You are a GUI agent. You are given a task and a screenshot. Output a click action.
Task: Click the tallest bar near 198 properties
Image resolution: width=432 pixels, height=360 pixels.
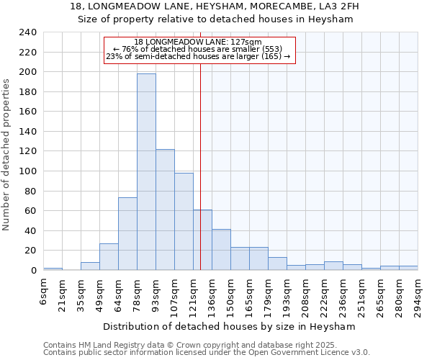tap(146, 172)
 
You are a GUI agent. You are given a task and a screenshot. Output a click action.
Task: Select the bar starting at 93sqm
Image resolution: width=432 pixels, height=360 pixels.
tap(165, 210)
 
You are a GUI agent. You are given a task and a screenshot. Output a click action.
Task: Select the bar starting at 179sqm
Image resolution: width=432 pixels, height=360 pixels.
tap(277, 264)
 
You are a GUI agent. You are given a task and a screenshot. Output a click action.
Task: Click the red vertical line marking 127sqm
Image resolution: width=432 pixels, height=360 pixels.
tap(200, 158)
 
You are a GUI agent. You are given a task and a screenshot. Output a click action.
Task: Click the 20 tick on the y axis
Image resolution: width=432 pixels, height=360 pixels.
tap(30, 251)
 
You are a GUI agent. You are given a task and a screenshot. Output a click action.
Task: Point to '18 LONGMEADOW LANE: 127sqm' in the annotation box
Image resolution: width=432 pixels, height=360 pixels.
tap(198, 42)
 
